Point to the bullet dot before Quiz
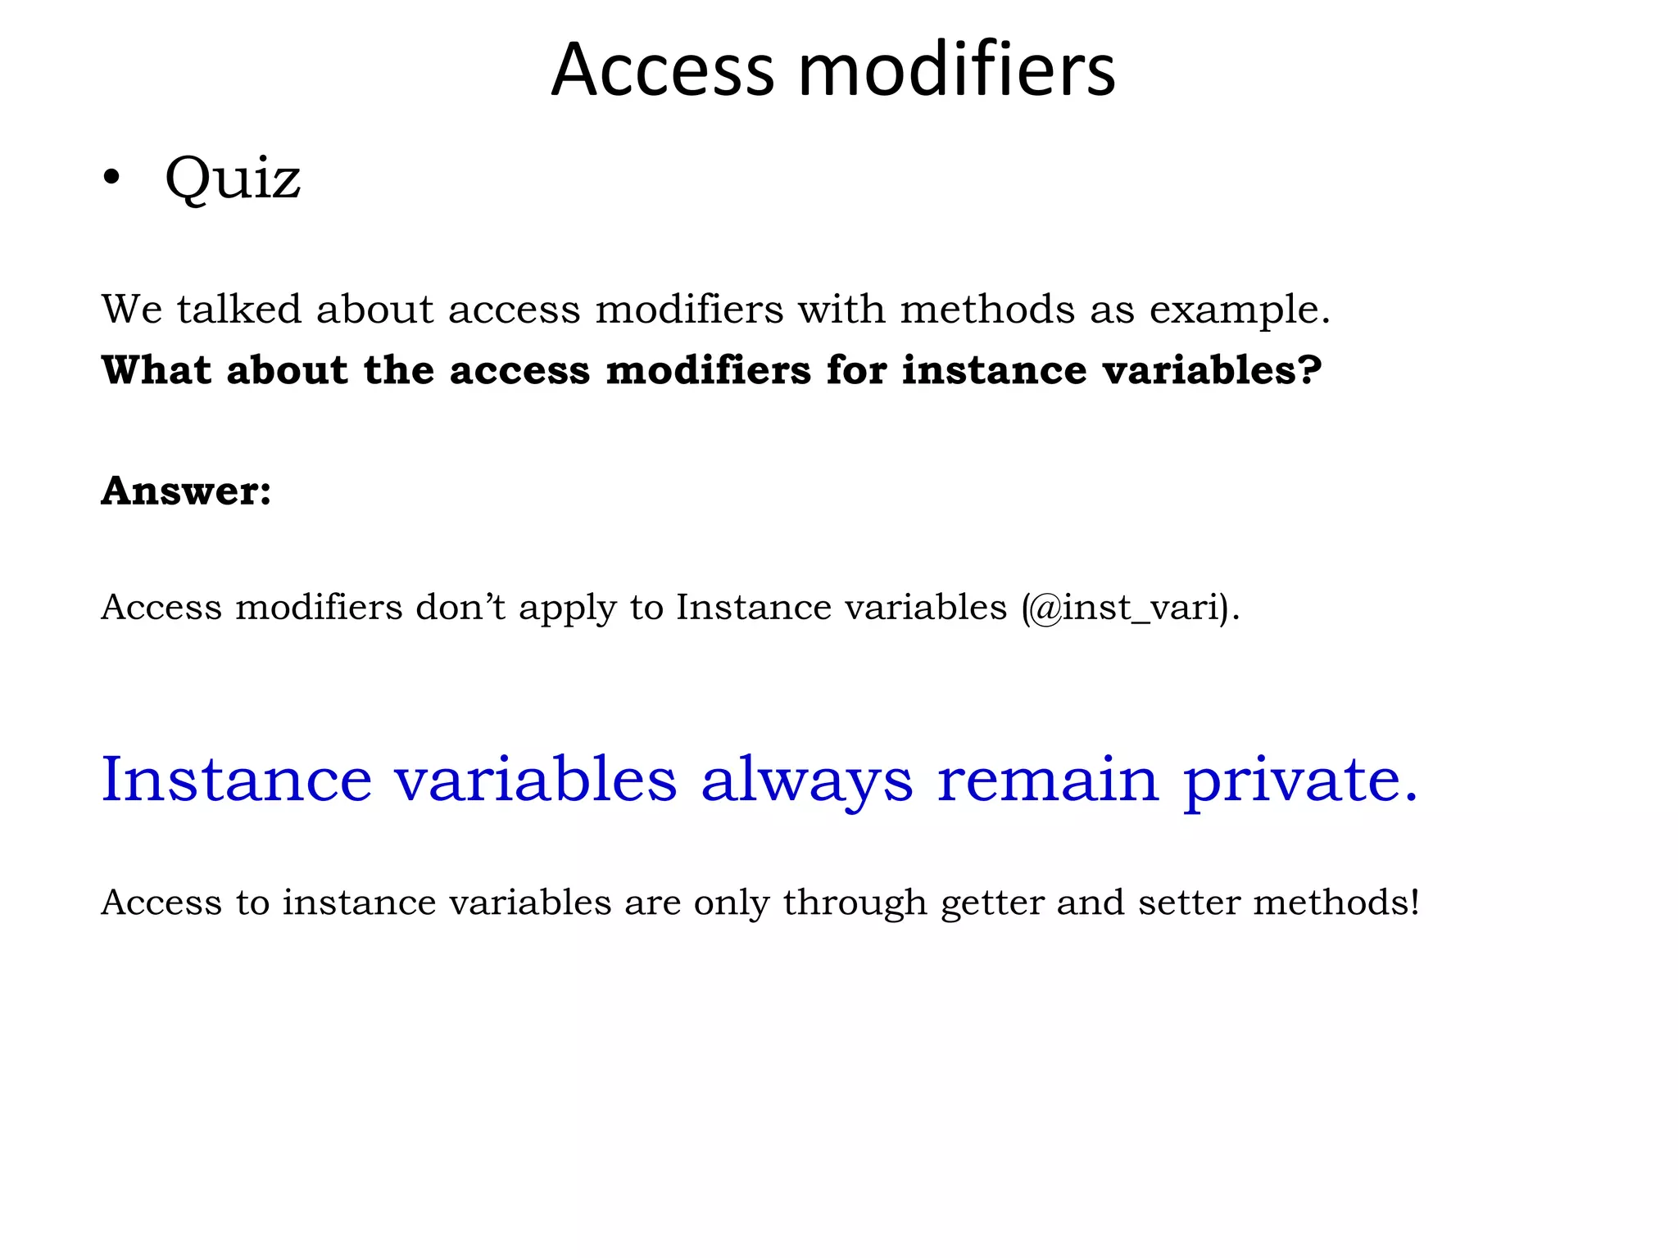[112, 179]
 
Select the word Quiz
[233, 179]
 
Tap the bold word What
[156, 369]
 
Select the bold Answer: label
[186, 491]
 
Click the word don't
[460, 608]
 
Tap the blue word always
[806, 780]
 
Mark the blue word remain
[1048, 779]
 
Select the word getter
[991, 903]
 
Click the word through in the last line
[855, 903]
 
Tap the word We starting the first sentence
[132, 310]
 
